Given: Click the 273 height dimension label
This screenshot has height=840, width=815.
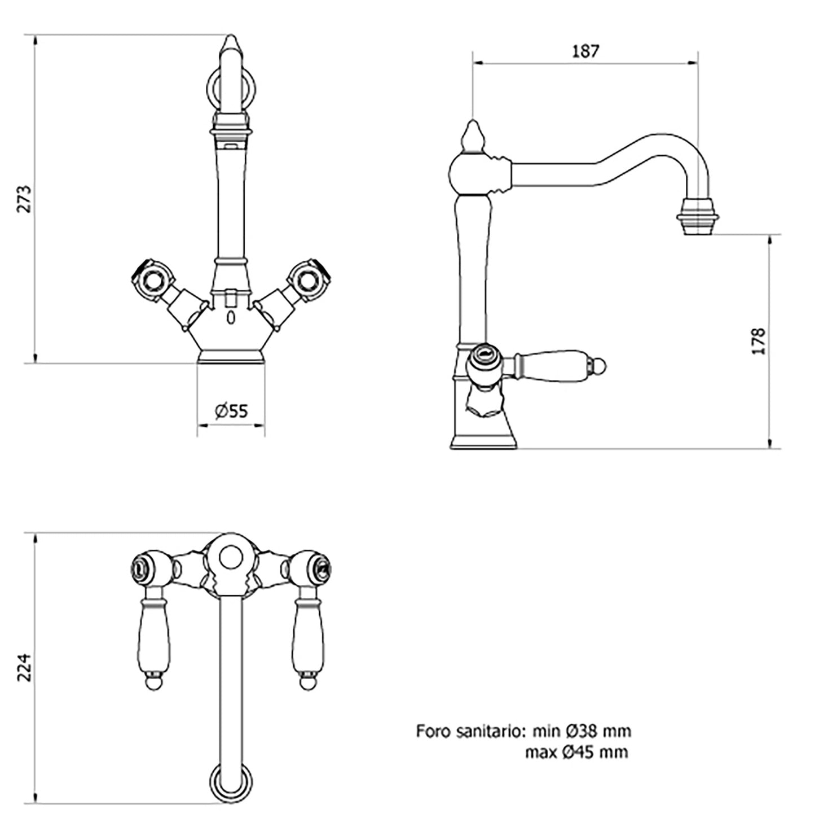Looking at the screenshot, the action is [x=25, y=199].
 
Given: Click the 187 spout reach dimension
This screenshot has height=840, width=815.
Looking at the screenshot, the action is [x=585, y=51].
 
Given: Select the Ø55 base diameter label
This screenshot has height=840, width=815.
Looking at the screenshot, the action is [x=232, y=411].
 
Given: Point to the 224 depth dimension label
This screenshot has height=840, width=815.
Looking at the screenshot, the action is [x=25, y=668].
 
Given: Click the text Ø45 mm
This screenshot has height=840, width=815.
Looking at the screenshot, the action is [x=595, y=753].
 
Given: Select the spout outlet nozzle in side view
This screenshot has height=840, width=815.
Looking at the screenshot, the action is [x=698, y=217].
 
